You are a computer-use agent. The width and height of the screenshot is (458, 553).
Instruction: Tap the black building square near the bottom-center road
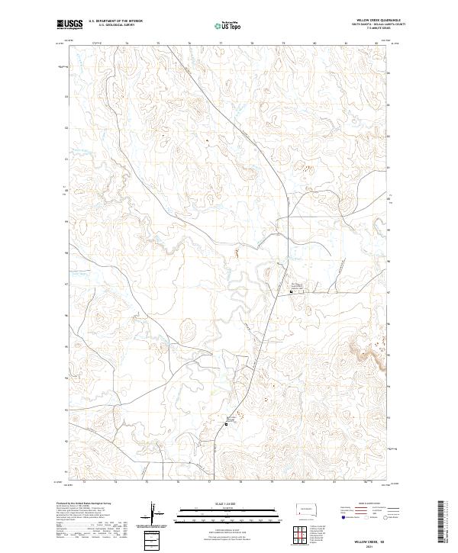pos(227,424)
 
